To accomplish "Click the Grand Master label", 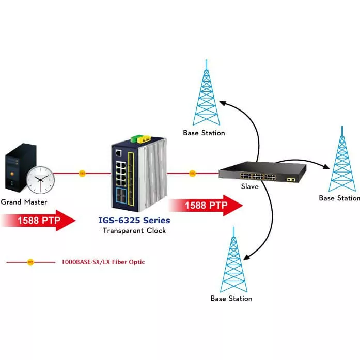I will [x=24, y=202].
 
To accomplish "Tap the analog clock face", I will [x=40, y=179].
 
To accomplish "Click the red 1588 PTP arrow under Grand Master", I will [x=39, y=221].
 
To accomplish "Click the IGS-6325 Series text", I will [x=134, y=221].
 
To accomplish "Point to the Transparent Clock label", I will [x=134, y=231].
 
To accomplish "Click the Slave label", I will [x=250, y=186].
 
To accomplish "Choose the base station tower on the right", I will [x=340, y=160].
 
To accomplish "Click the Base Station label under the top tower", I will [x=204, y=133].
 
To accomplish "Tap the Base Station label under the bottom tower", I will [x=231, y=299].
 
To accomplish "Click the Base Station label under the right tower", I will [x=339, y=198].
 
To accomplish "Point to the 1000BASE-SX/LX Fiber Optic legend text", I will [x=103, y=262].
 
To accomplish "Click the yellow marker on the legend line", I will [x=30, y=262].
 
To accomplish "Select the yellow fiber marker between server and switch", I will [x=82, y=174].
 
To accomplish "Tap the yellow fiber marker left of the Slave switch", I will [x=192, y=174].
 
